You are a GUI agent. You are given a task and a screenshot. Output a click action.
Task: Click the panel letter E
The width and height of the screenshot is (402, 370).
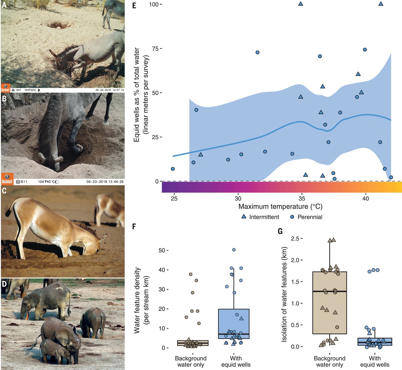point(134,5)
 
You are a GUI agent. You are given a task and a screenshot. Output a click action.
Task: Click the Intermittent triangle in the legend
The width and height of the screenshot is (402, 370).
point(243,216)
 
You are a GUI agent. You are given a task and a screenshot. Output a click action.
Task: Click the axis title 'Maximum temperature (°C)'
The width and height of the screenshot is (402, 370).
point(280,207)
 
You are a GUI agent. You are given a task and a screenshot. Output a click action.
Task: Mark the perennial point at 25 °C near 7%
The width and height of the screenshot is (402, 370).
point(172,169)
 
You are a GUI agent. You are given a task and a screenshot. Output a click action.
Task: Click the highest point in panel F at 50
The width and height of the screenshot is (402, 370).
point(234,250)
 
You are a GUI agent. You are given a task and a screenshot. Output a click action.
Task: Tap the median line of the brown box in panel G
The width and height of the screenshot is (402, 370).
point(329,291)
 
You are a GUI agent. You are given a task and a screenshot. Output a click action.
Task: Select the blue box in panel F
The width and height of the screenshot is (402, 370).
point(234,324)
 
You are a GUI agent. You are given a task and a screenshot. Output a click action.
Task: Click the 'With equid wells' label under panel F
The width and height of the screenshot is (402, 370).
point(236,361)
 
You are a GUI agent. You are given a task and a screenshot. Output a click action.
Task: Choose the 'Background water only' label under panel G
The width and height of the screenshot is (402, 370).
point(329,361)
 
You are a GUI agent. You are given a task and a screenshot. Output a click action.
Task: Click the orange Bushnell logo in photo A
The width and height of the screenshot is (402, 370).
point(5,88)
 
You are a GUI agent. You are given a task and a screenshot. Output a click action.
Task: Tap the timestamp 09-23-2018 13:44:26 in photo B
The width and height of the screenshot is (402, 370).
point(105,182)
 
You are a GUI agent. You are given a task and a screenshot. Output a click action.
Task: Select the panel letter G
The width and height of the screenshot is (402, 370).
point(280,231)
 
